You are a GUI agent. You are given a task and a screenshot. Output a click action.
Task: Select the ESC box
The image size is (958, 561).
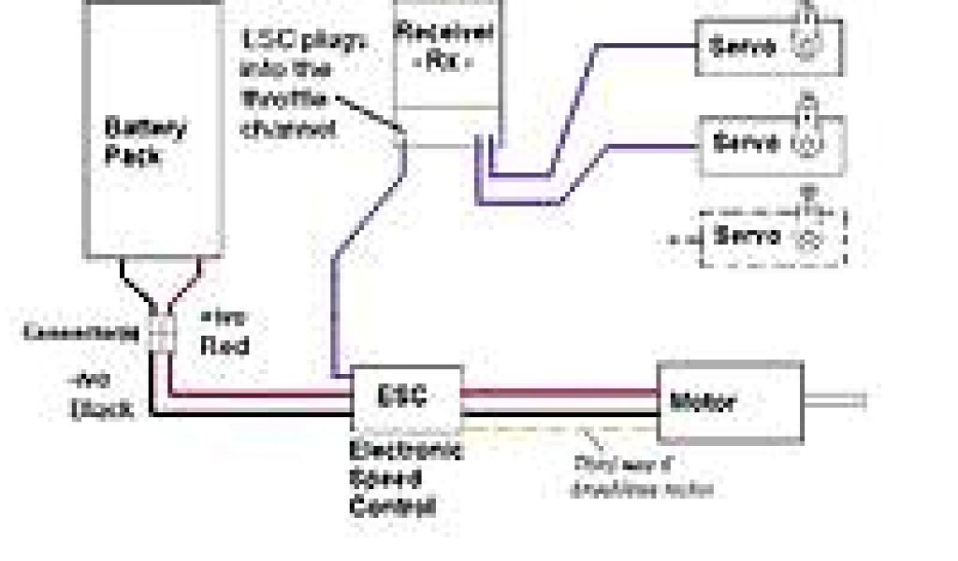405,396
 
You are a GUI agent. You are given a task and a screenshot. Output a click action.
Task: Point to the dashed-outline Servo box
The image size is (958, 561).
772,236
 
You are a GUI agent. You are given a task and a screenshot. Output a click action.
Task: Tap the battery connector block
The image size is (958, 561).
161,333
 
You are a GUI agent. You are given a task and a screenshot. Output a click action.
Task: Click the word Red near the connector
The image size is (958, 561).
225,345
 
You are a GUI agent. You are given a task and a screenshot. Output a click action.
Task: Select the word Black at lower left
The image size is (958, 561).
103,409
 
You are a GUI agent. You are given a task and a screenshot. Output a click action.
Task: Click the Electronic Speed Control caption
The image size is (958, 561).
404,479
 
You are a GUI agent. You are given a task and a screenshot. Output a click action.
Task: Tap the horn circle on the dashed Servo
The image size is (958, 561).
810,237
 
